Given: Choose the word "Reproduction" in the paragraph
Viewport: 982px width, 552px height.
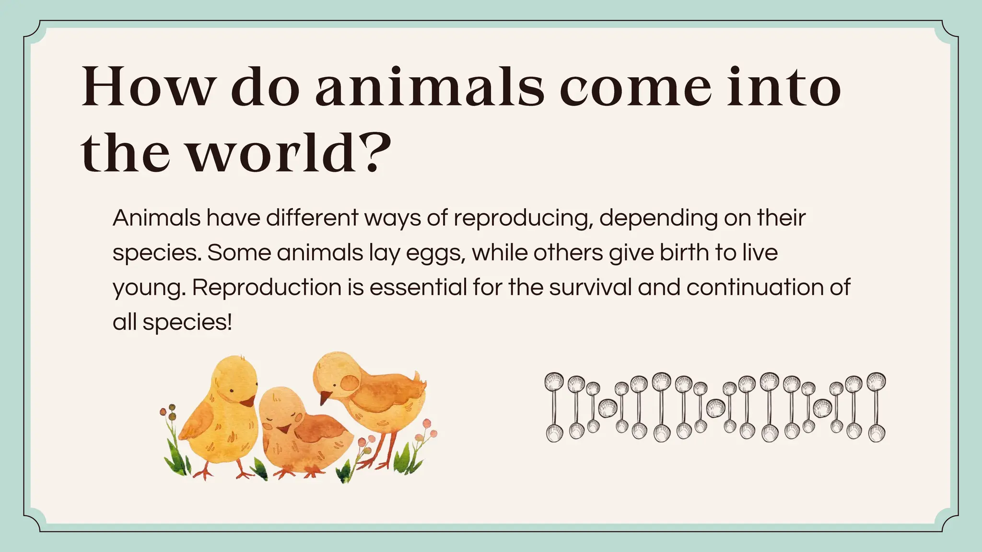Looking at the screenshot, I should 267,287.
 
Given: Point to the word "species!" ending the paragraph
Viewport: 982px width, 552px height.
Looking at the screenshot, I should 187,322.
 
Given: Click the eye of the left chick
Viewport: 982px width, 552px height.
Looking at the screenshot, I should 231,392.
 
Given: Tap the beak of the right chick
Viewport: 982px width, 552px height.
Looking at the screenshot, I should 326,397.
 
